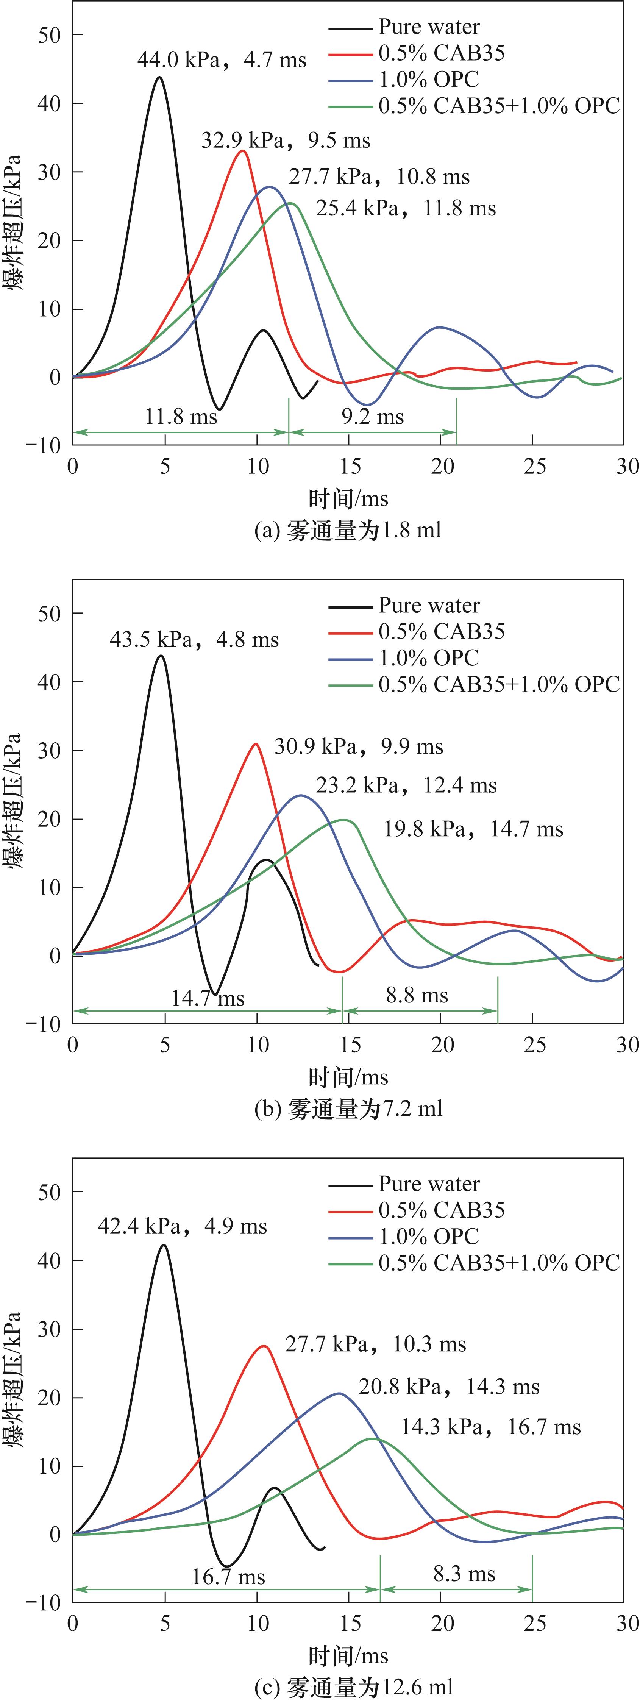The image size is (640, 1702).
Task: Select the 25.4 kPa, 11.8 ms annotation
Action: coord(406,209)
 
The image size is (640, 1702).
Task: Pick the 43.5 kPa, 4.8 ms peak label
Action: coord(194,640)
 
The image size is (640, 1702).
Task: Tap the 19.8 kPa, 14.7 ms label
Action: coord(473,829)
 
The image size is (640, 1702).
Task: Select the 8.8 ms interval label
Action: coord(417,996)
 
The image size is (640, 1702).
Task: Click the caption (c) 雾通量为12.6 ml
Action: coord(353,1688)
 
